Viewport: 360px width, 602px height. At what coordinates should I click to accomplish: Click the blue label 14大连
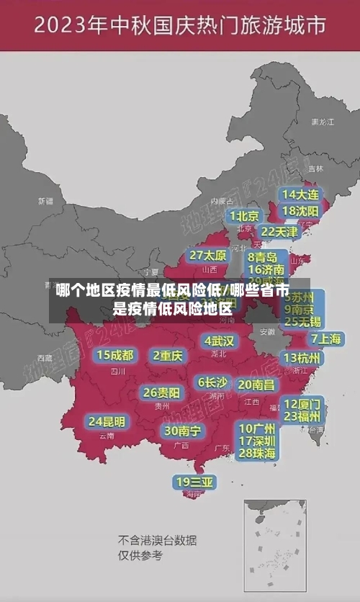click(x=300, y=194)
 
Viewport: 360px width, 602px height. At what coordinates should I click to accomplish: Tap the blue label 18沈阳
click(x=300, y=211)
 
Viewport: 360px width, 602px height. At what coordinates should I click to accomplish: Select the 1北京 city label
click(x=245, y=216)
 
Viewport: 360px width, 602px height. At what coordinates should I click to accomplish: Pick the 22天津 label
click(x=279, y=232)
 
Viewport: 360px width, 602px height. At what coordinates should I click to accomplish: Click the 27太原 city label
click(x=208, y=256)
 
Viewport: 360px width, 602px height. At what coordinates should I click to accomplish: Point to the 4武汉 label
click(x=219, y=340)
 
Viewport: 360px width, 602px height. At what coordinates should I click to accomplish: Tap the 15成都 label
click(x=115, y=355)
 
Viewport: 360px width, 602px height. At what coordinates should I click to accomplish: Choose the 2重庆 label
click(x=168, y=355)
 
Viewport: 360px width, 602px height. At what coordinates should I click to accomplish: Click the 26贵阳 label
click(x=161, y=392)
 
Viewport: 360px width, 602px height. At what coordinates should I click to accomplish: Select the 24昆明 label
click(x=107, y=421)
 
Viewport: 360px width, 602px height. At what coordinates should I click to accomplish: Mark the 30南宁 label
click(x=183, y=431)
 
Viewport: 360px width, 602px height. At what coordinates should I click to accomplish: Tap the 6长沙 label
click(x=213, y=382)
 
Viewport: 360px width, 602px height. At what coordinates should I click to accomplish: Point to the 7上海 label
click(x=325, y=338)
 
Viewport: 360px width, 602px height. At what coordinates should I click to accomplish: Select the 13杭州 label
click(x=302, y=358)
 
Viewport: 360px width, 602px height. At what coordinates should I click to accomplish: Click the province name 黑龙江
click(x=322, y=122)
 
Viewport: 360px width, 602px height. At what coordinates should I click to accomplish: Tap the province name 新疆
click(x=45, y=201)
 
